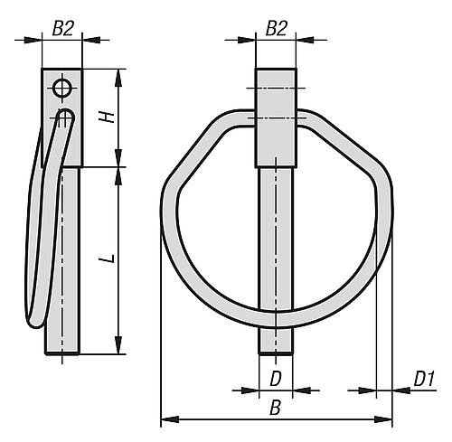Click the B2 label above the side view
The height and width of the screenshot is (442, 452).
62,29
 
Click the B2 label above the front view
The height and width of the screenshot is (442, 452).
276,29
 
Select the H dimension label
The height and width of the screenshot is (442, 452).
107,117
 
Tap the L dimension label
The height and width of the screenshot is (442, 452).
107,259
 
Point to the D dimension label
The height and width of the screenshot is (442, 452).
276,379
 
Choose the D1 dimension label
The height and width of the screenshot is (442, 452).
424,379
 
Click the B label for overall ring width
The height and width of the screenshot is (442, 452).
275,408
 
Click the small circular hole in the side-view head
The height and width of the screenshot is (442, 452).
62,89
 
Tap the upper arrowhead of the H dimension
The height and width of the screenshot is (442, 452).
118,78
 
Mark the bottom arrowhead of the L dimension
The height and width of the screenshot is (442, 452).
118,345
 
